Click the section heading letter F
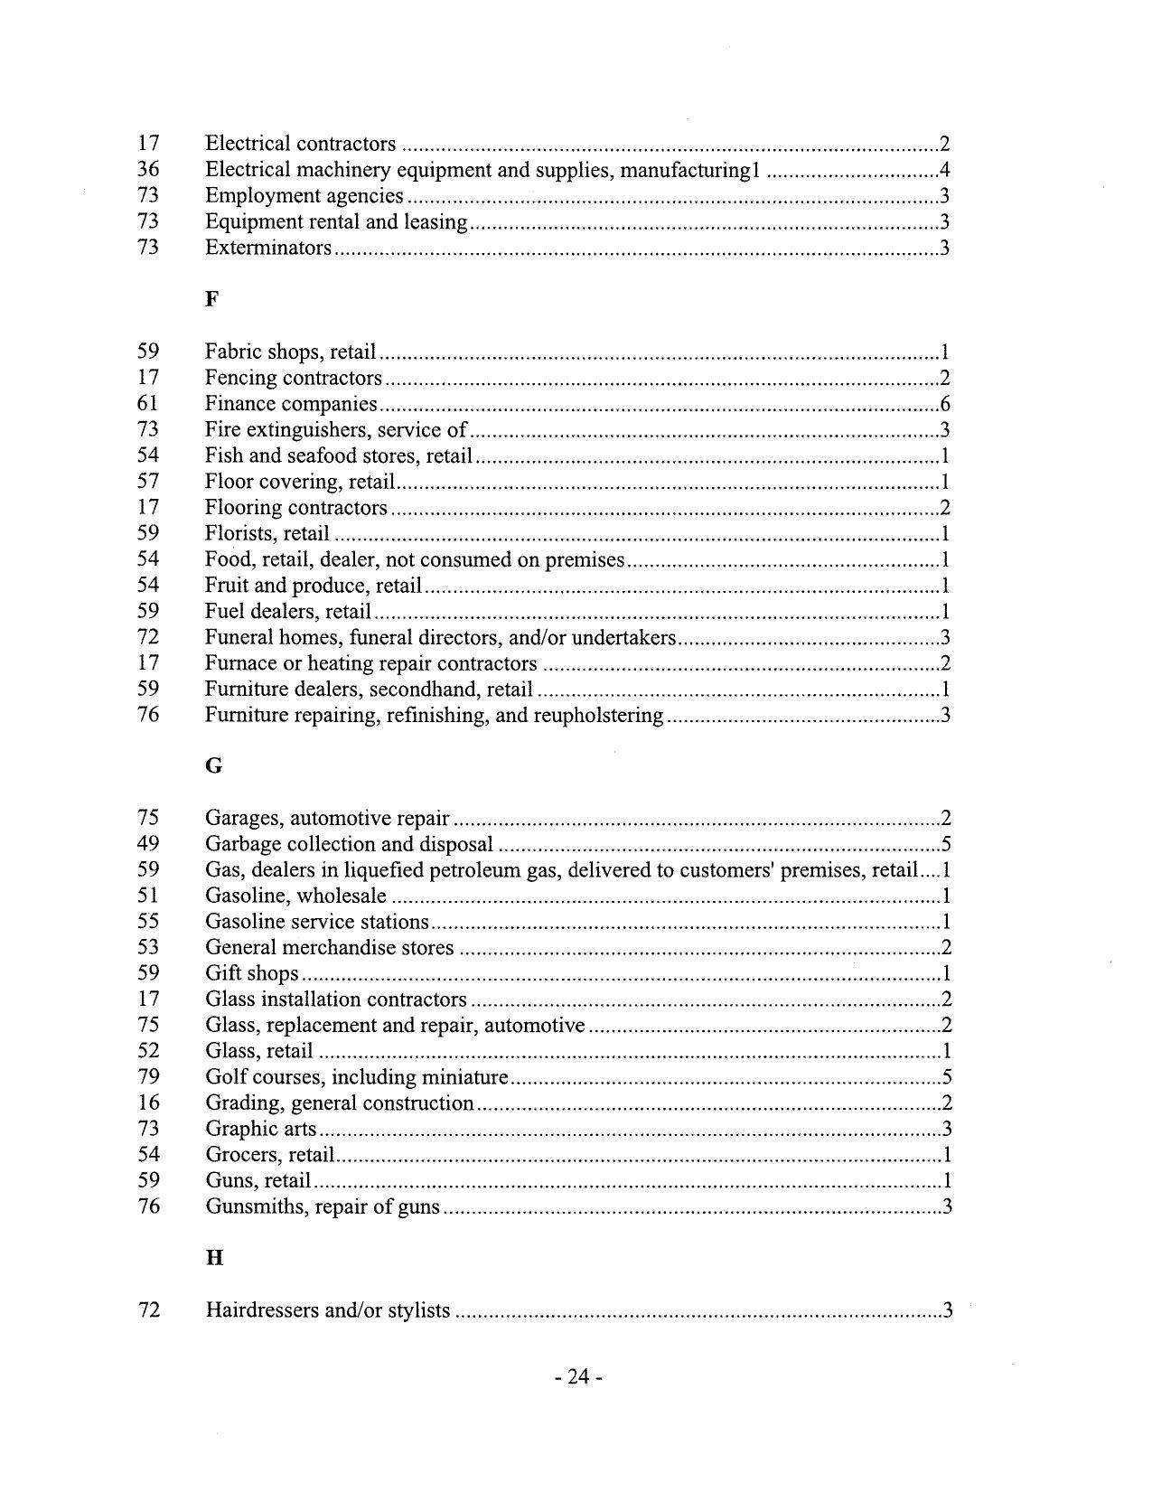(x=211, y=299)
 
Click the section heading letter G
(x=213, y=766)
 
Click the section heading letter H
(x=214, y=1258)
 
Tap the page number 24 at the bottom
(x=578, y=1376)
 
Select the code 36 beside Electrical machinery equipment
(x=148, y=169)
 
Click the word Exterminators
(x=268, y=248)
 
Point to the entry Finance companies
(x=291, y=404)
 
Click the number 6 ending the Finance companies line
(x=944, y=404)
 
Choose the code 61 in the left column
(x=148, y=403)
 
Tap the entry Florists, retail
(x=267, y=534)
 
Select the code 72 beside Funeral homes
(x=148, y=637)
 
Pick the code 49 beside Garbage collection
(x=148, y=844)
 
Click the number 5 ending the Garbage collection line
(x=945, y=845)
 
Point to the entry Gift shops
(x=252, y=974)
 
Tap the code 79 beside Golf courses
(x=148, y=1077)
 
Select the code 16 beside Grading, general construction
(x=148, y=1103)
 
